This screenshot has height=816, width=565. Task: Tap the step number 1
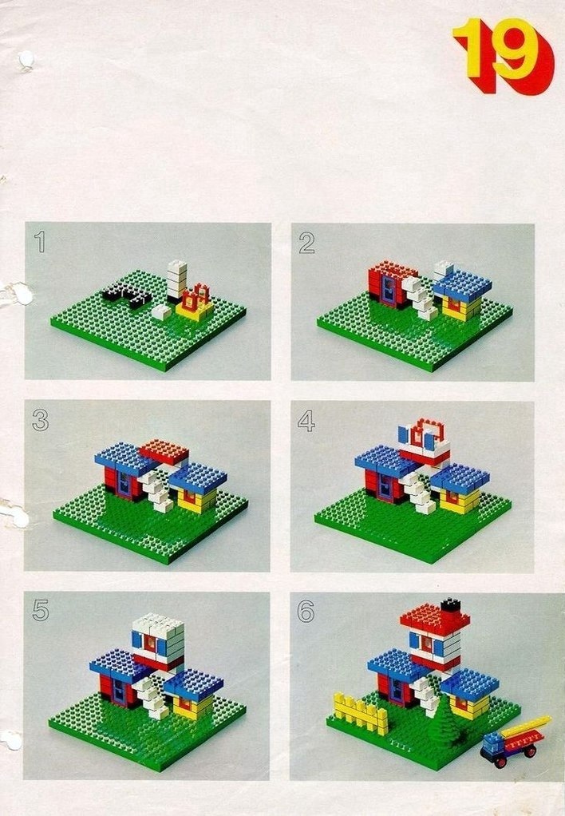click(40, 242)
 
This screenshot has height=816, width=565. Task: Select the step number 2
click(307, 243)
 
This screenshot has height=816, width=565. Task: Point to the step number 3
click(40, 419)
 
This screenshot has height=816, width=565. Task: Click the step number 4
click(306, 421)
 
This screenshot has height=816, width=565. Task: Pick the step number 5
click(41, 610)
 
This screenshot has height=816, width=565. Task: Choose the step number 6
click(306, 611)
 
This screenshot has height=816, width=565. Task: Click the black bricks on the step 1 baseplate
click(126, 297)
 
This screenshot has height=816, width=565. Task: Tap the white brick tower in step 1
click(176, 281)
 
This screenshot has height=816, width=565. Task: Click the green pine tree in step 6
click(446, 720)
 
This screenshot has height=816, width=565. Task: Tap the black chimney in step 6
click(451, 604)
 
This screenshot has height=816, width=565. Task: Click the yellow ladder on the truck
click(525, 726)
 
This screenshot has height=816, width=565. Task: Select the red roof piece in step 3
click(164, 451)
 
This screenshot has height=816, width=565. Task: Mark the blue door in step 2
click(389, 289)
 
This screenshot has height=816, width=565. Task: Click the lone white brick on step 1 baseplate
click(162, 311)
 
